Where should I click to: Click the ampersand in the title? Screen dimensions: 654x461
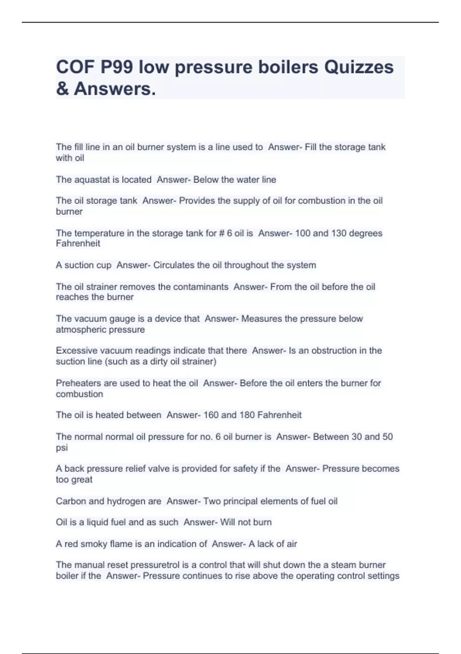62,89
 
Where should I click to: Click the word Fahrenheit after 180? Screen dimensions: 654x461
279,415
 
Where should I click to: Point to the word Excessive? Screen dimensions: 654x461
76,350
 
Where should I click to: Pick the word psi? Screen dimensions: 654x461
61,448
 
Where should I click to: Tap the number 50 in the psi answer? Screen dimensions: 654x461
387,437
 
